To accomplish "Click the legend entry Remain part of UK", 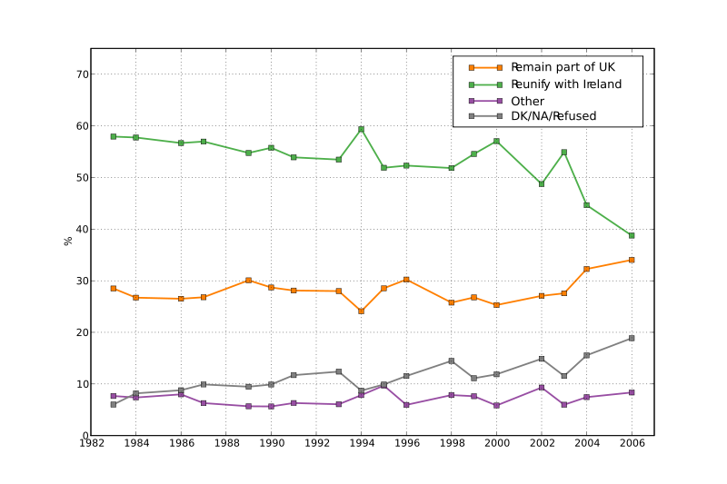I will pyautogui.click(x=563, y=67).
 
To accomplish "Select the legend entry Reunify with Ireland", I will pyautogui.click(x=566, y=84).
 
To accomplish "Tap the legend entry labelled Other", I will pyautogui.click(x=527, y=101).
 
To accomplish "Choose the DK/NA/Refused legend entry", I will pyautogui.click(x=553, y=116).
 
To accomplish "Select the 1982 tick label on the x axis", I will pyautogui.click(x=91, y=444).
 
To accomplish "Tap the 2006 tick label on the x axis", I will pyautogui.click(x=632, y=444).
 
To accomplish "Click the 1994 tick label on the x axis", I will pyautogui.click(x=361, y=444).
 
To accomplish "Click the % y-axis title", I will pyautogui.click(x=68, y=241).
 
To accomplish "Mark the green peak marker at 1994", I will pyautogui.click(x=361, y=129).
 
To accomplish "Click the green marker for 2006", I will pyautogui.click(x=632, y=235).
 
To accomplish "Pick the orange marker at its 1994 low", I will pyautogui.click(x=361, y=311).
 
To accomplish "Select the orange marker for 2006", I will pyautogui.click(x=632, y=260).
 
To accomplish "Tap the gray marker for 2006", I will pyautogui.click(x=632, y=338).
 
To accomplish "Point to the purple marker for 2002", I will pyautogui.click(x=542, y=388).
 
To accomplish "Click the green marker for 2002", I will pyautogui.click(x=542, y=183).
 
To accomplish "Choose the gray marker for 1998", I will pyautogui.click(x=451, y=361).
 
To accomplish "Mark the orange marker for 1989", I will pyautogui.click(x=248, y=281).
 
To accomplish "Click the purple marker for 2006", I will pyautogui.click(x=632, y=392).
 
